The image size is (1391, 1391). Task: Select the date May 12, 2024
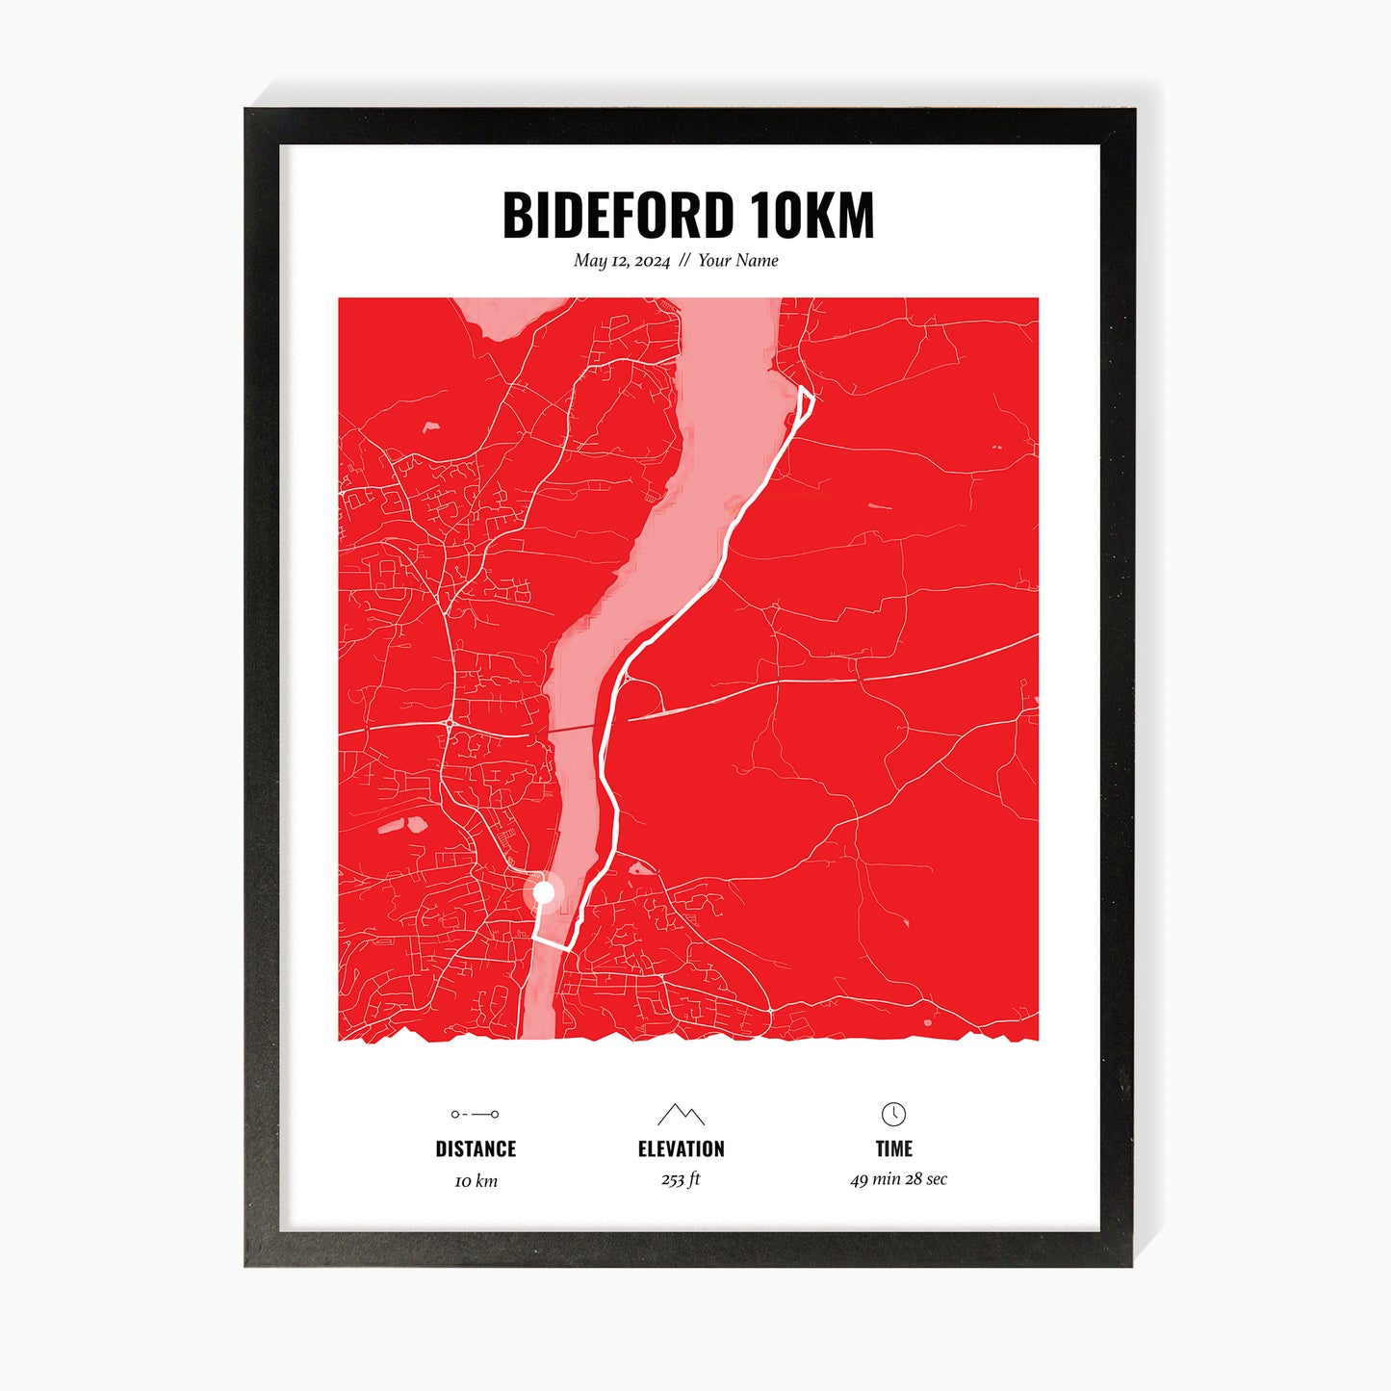point(621,261)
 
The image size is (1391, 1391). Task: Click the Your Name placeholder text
point(737,261)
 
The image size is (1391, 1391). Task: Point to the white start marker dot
point(544,893)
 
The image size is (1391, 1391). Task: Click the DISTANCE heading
point(476,1148)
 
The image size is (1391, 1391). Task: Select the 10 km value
point(476,1181)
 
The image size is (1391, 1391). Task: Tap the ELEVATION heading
point(681,1148)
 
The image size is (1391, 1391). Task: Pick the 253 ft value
point(681,1179)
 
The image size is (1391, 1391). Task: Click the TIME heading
point(893,1148)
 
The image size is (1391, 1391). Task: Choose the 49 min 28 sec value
point(898,1179)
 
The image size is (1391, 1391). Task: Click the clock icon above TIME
point(893,1114)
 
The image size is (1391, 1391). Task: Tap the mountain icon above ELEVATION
point(681,1115)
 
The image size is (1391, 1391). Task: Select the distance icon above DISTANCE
point(476,1114)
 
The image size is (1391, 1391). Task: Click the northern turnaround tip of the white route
point(804,388)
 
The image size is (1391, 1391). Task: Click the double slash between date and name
point(683,261)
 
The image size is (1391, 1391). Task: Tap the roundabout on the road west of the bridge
point(450,722)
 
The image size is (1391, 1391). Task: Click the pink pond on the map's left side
point(416,824)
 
